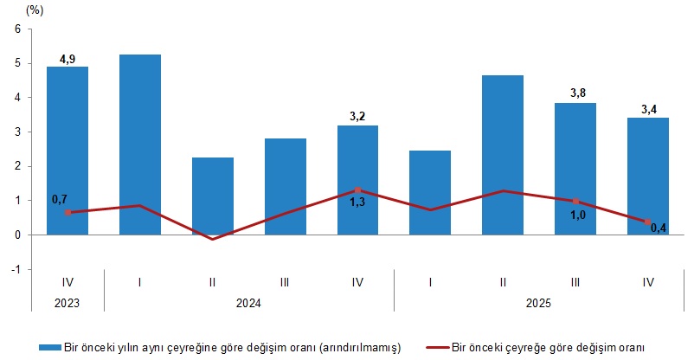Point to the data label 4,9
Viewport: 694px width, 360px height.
pos(67,59)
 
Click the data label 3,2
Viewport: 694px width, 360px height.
pos(357,117)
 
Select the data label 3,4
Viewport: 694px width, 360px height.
pos(648,109)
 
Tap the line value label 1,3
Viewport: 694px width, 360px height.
pos(357,203)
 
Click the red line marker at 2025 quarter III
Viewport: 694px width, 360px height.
pos(575,201)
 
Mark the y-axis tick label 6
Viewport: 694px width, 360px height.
pos(16,29)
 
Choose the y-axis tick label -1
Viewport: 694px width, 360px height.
pos(14,269)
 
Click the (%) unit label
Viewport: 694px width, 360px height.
pos(35,10)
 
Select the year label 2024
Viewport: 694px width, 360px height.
pos(248,304)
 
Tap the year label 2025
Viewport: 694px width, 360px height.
pos(539,304)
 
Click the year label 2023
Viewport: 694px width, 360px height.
pos(67,304)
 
